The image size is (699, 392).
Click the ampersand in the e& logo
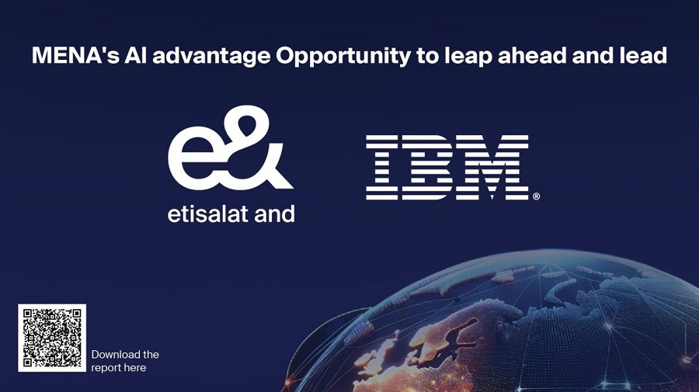[x=259, y=147]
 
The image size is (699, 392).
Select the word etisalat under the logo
[x=207, y=213]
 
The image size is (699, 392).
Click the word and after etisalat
[x=274, y=213]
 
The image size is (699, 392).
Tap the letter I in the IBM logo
[x=382, y=167]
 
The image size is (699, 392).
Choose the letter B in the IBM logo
[x=428, y=167]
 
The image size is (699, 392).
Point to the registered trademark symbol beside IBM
[x=536, y=196]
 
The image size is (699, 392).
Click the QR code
[x=52, y=338]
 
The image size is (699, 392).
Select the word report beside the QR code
[x=106, y=369]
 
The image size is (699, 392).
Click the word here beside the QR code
[x=135, y=368]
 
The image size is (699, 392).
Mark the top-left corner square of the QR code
[x=28, y=314]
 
